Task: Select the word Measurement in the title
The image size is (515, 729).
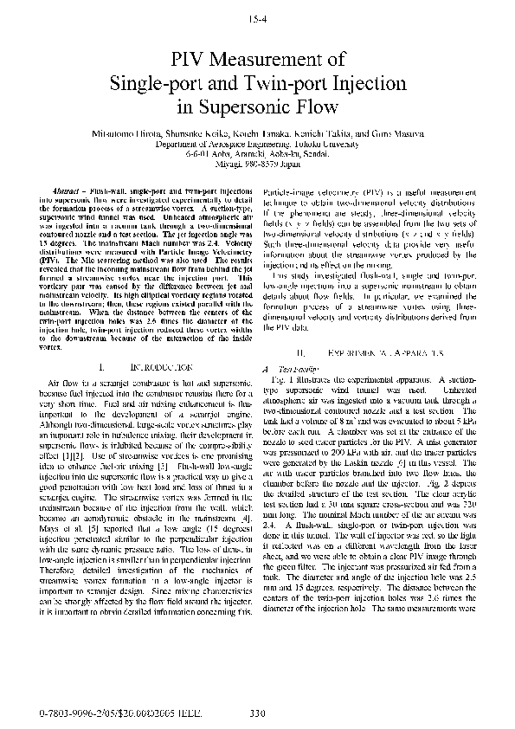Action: [x=276, y=60]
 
